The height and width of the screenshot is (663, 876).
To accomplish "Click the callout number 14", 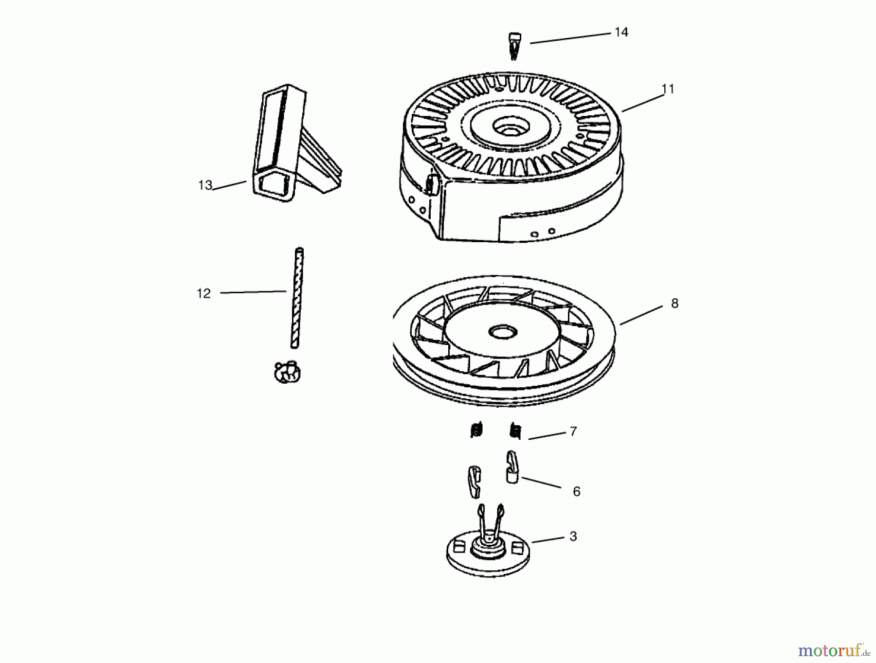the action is [x=621, y=32].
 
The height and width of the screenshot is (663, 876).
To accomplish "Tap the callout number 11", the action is [x=668, y=89].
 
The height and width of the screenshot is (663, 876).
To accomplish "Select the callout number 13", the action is [x=205, y=185].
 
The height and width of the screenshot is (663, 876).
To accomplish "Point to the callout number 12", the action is [x=203, y=293].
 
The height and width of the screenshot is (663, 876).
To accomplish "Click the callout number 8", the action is [x=675, y=303].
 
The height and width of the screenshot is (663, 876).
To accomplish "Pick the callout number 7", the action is [x=573, y=431].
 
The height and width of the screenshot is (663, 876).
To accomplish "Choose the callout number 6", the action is [x=577, y=491].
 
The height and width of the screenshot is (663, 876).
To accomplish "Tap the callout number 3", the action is [x=573, y=536].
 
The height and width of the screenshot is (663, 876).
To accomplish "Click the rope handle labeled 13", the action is [x=292, y=146].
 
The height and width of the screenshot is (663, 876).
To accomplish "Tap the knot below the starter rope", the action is [x=287, y=372].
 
